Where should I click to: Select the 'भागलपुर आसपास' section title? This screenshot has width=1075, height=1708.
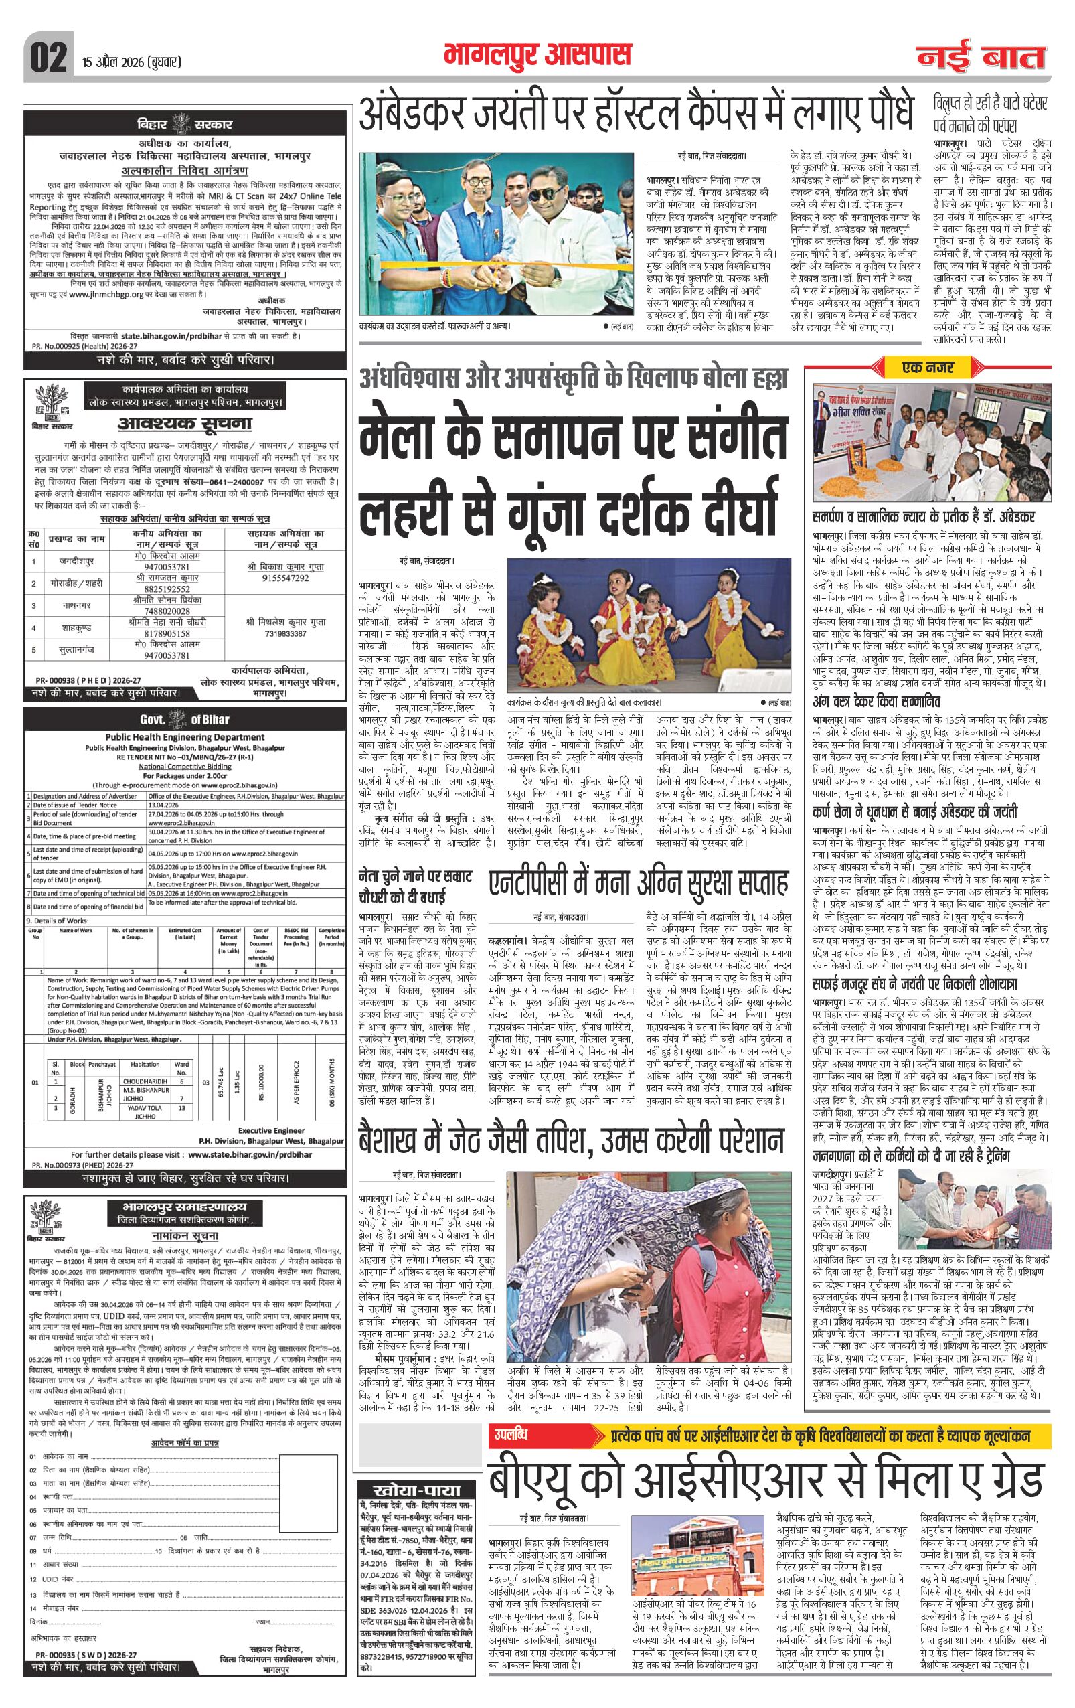point(537,55)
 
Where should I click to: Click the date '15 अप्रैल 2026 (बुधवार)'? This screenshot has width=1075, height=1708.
point(128,62)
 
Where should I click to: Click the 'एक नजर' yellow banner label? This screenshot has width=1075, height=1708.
point(929,368)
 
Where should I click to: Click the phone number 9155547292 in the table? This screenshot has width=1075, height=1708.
point(286,578)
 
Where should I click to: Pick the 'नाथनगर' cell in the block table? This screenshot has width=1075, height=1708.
point(76,605)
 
